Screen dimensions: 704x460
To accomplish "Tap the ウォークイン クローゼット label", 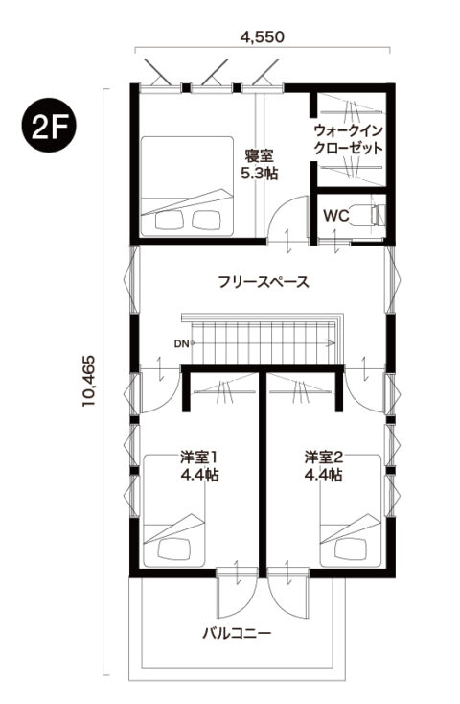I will tap(349, 140).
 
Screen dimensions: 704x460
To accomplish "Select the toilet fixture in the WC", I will tap(368, 215).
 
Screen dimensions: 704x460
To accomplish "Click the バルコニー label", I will tap(237, 633).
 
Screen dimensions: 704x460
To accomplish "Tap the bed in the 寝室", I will tap(187, 186).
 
